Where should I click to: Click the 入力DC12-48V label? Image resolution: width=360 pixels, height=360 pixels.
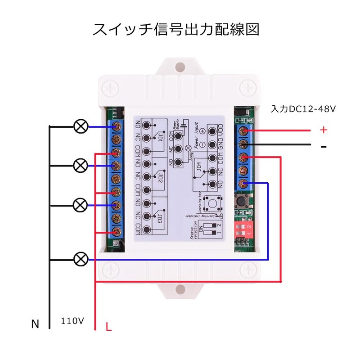coord(304,109)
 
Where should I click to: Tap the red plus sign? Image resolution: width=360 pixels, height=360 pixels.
coord(323,130)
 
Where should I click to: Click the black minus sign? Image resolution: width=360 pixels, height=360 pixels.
coord(324,147)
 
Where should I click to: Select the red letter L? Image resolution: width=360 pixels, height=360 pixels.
coord(108,327)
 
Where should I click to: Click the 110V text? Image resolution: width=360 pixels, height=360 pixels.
coord(72,321)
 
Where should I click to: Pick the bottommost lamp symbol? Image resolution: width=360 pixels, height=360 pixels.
coord(81,259)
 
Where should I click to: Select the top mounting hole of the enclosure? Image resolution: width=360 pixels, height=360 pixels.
coord(180,67)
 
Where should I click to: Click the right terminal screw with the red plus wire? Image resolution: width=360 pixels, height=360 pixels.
coord(243,131)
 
